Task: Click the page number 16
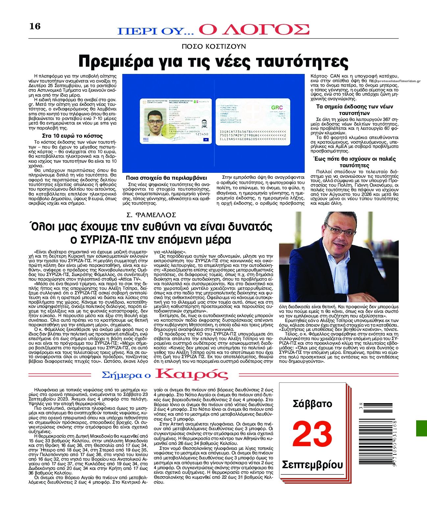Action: pyautogui.click(x=35, y=26)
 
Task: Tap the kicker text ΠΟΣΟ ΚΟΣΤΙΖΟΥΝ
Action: pyautogui.click(x=214, y=46)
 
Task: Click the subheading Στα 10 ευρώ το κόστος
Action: pyautogui.click(x=72, y=136)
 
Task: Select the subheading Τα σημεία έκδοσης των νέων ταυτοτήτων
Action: pyautogui.click(x=354, y=109)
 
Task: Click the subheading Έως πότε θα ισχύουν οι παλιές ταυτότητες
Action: pyautogui.click(x=354, y=162)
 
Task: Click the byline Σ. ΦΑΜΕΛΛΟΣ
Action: pyautogui.click(x=152, y=215)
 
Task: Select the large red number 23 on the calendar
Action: pyautogui.click(x=312, y=434)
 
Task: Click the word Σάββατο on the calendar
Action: pyautogui.click(x=312, y=404)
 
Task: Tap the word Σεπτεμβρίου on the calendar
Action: pyautogui.click(x=312, y=465)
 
